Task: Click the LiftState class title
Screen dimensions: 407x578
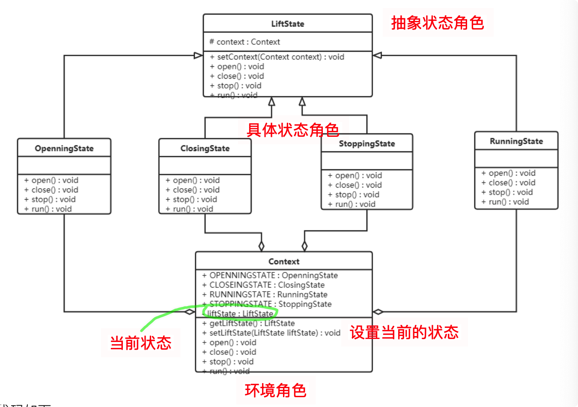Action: click(287, 24)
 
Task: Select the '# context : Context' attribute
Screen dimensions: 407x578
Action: click(244, 42)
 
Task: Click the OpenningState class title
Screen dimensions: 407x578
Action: click(64, 148)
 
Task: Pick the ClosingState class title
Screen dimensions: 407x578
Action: click(205, 148)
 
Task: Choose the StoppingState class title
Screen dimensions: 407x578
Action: click(367, 144)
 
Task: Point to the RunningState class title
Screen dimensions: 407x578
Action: click(516, 141)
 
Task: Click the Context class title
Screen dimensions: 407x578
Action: click(284, 261)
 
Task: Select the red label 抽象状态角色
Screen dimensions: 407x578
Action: click(438, 23)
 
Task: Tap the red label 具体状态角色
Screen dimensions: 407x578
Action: click(293, 130)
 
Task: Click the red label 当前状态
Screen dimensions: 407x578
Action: click(141, 343)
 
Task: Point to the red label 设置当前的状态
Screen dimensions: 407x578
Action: click(404, 333)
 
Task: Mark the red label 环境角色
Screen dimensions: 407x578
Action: click(276, 390)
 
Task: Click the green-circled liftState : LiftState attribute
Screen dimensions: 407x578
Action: click(240, 314)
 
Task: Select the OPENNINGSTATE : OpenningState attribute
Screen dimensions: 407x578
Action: click(270, 275)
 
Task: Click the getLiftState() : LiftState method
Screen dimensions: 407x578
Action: click(249, 323)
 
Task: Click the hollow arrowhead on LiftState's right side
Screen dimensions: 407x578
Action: click(377, 55)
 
